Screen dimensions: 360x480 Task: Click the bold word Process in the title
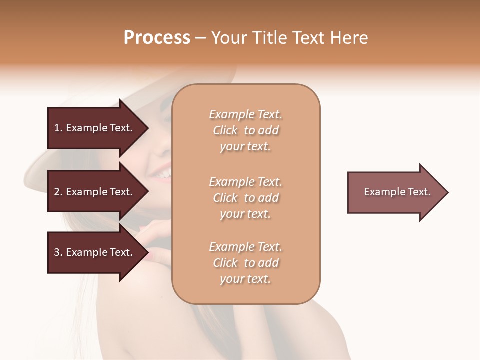click(157, 38)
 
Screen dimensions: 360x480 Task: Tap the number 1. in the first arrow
click(58, 128)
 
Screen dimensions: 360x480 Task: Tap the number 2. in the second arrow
click(58, 192)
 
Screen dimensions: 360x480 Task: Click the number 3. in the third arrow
click(58, 252)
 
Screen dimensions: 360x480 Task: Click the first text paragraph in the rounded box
click(246, 130)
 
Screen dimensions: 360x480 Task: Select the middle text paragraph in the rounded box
click(246, 198)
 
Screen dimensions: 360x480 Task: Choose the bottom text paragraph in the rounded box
click(246, 263)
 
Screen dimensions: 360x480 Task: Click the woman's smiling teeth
click(163, 174)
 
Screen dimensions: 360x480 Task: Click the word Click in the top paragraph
click(225, 130)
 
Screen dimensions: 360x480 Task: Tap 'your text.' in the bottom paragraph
click(245, 279)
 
